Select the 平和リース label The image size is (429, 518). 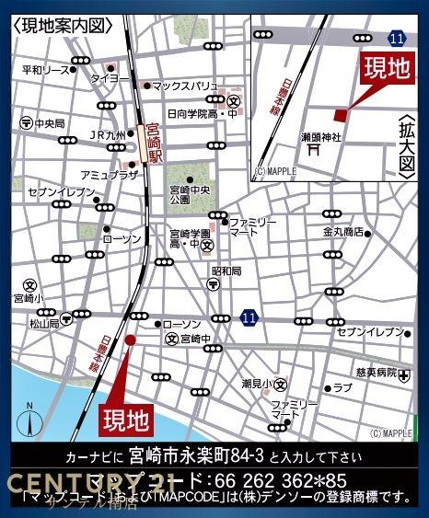pos(45,70)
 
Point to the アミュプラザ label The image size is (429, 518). pos(109,174)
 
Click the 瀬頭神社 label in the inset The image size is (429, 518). pos(321,137)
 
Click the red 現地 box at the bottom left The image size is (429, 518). pos(124,420)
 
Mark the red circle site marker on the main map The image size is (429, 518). pos(130,340)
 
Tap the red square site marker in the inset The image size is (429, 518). pos(340,114)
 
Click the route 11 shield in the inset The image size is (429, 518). pos(396,38)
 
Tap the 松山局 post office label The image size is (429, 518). pos(42,324)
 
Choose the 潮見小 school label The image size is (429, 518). pos(253,382)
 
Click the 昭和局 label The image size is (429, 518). pos(226,271)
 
